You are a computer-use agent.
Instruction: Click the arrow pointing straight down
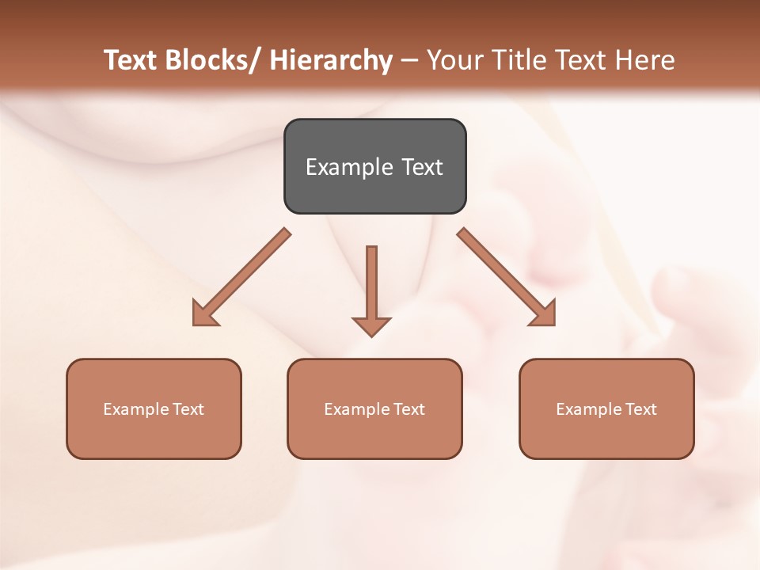click(x=371, y=289)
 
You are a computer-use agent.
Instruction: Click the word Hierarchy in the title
click(x=331, y=60)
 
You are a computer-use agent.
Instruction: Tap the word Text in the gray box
click(x=422, y=167)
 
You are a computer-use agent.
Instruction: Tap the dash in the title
click(x=409, y=60)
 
